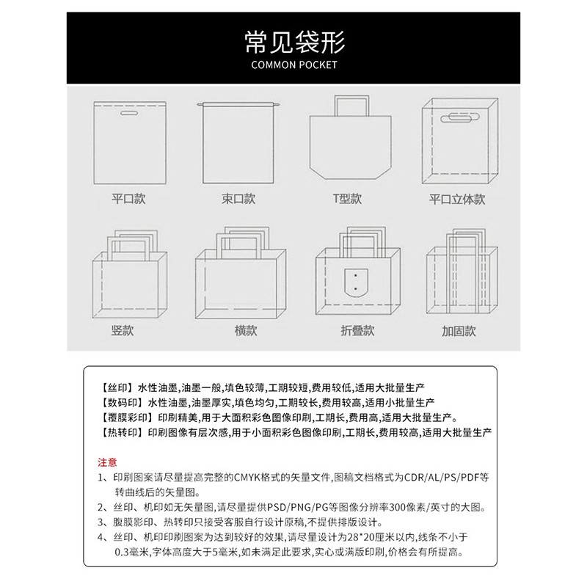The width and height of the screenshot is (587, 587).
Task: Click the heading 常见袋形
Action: click(294, 42)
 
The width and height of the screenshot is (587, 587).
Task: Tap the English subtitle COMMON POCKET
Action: click(294, 65)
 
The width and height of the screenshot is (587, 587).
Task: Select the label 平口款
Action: click(128, 198)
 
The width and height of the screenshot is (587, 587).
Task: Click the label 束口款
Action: click(238, 198)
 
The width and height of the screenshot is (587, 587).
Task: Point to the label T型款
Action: click(347, 198)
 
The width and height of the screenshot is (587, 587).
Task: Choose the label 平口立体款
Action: click(457, 199)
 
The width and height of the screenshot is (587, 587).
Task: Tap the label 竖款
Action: click(123, 331)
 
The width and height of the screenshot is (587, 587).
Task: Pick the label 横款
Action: click(246, 331)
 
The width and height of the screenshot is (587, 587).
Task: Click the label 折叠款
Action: click(357, 331)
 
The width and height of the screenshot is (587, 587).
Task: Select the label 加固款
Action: click(459, 331)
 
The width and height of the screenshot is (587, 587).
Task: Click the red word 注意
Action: click(107, 462)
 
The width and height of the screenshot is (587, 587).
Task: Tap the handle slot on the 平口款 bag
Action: click(129, 113)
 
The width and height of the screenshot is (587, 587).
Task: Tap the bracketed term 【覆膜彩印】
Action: click(127, 418)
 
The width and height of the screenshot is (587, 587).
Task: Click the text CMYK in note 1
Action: click(247, 478)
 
